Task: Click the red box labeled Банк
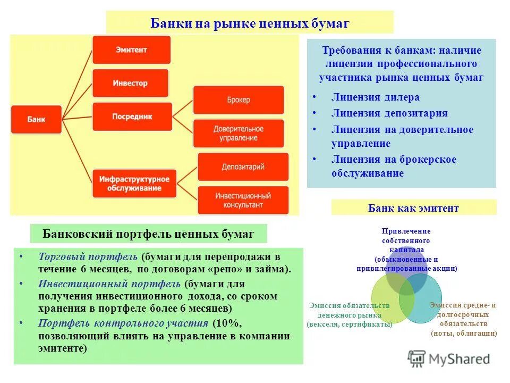pyautogui.click(x=37, y=120)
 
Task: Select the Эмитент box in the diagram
pyautogui.click(x=131, y=50)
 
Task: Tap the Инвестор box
pyautogui.click(x=130, y=84)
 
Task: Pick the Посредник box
pyautogui.click(x=132, y=116)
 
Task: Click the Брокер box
pyautogui.click(x=238, y=100)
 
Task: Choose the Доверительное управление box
pyautogui.click(x=239, y=134)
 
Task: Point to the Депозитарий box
pyautogui.click(x=243, y=167)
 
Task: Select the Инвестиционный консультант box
pyautogui.click(x=243, y=200)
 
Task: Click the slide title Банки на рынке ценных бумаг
pyautogui.click(x=250, y=23)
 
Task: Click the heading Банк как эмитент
pyautogui.click(x=413, y=208)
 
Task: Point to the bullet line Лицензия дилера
pyautogui.click(x=375, y=97)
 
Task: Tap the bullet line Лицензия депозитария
pyautogui.click(x=389, y=113)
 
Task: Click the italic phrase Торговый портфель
pyautogui.click(x=88, y=256)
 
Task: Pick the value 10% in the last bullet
pyautogui.click(x=224, y=323)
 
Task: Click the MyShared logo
pyautogui.click(x=449, y=359)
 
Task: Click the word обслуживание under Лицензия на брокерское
pyautogui.click(x=367, y=173)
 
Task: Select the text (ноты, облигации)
pyautogui.click(x=464, y=334)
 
